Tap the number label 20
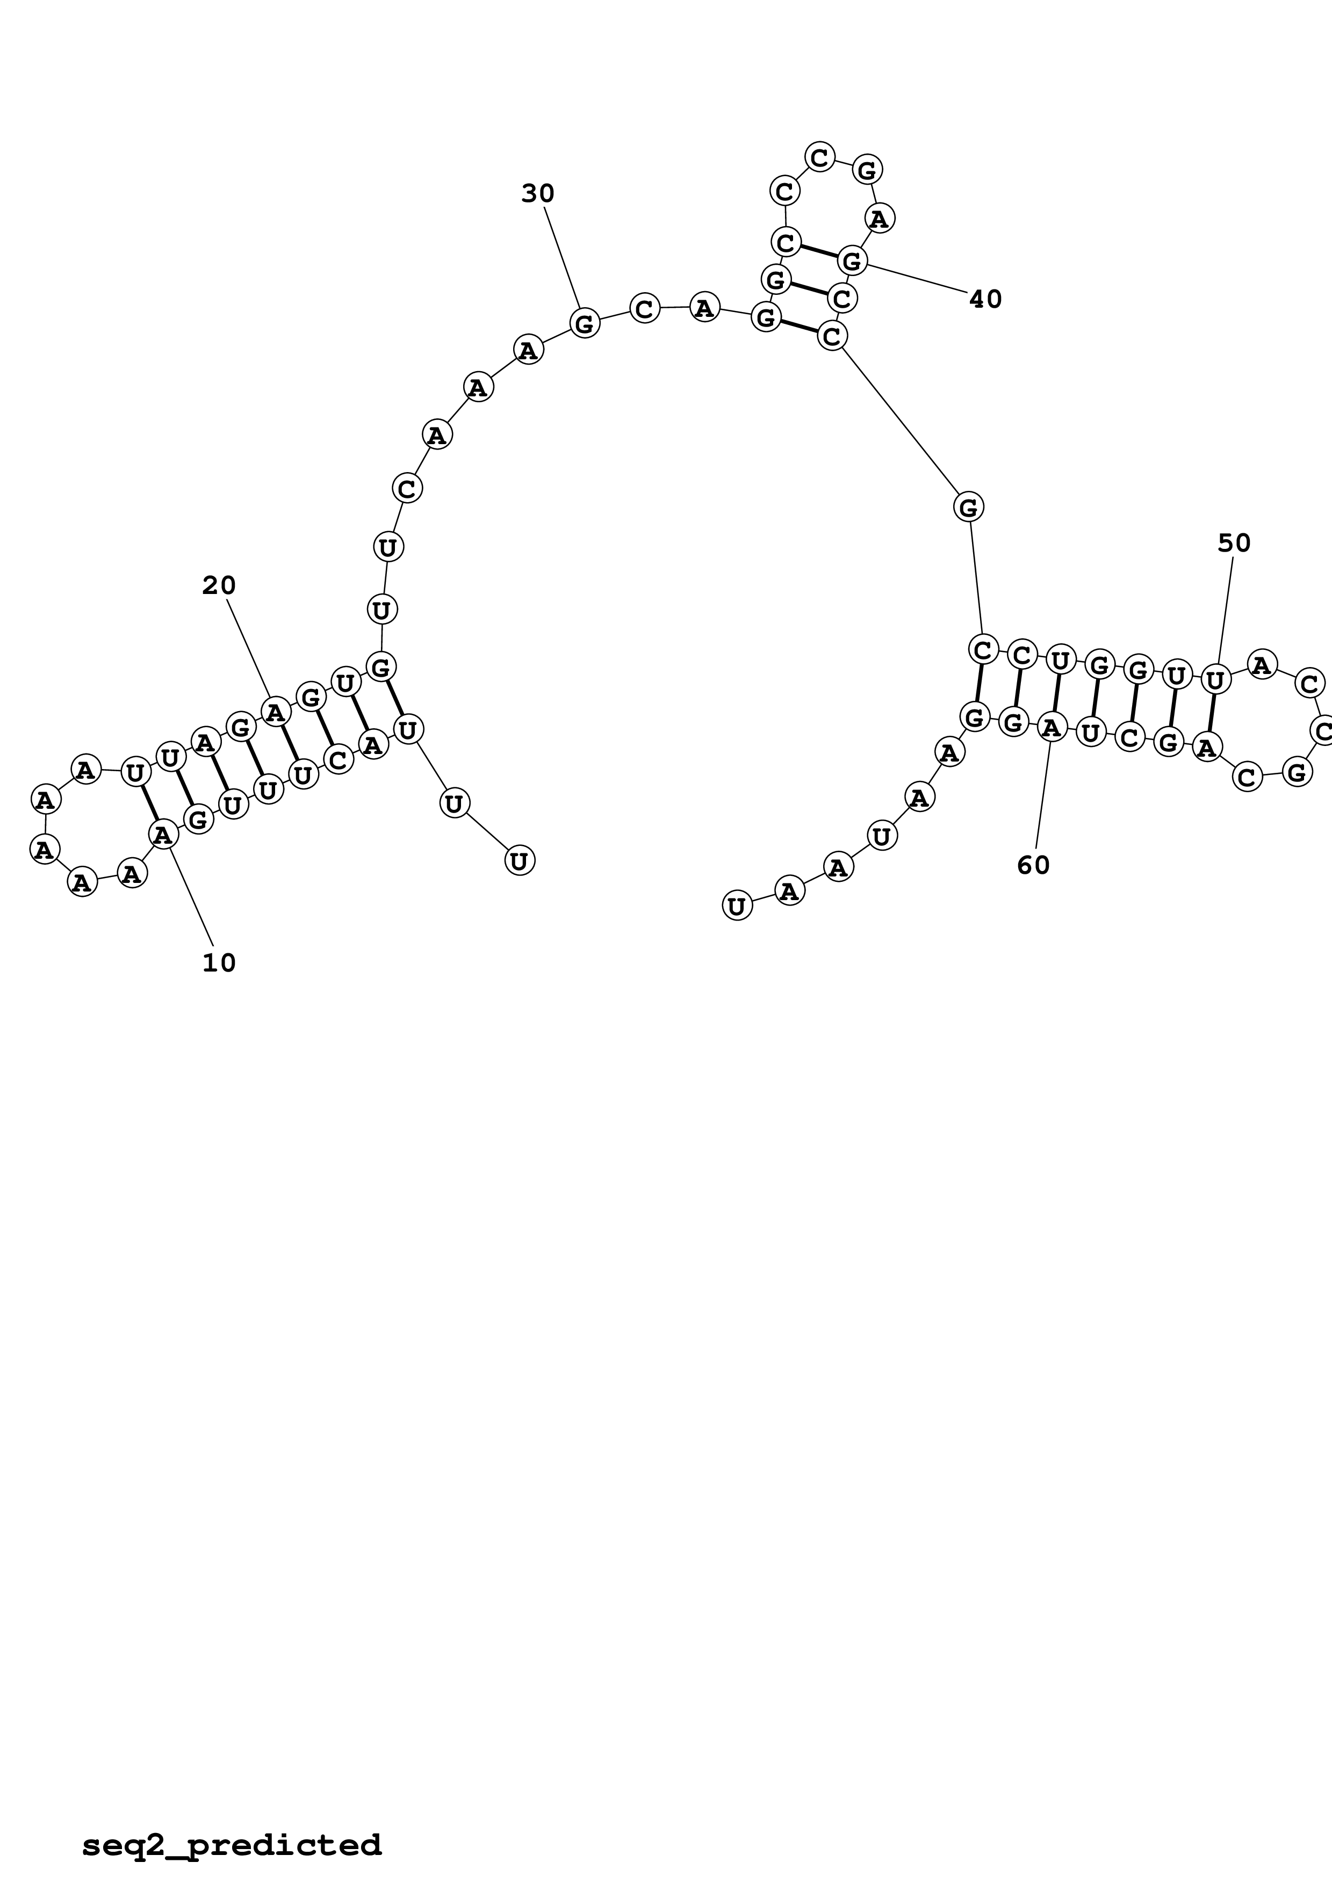tap(219, 586)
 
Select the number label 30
tap(537, 194)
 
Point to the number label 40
tap(985, 300)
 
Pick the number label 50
tap(1234, 543)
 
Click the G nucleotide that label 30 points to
tap(585, 323)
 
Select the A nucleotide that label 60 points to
tap(1052, 726)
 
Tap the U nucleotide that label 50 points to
tap(1215, 679)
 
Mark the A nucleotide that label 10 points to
tap(163, 835)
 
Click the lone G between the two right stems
tap(968, 507)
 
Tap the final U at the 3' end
tap(737, 906)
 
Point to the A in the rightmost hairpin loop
tap(1262, 664)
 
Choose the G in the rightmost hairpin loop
tap(1297, 772)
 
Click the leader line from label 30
tap(562, 258)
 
